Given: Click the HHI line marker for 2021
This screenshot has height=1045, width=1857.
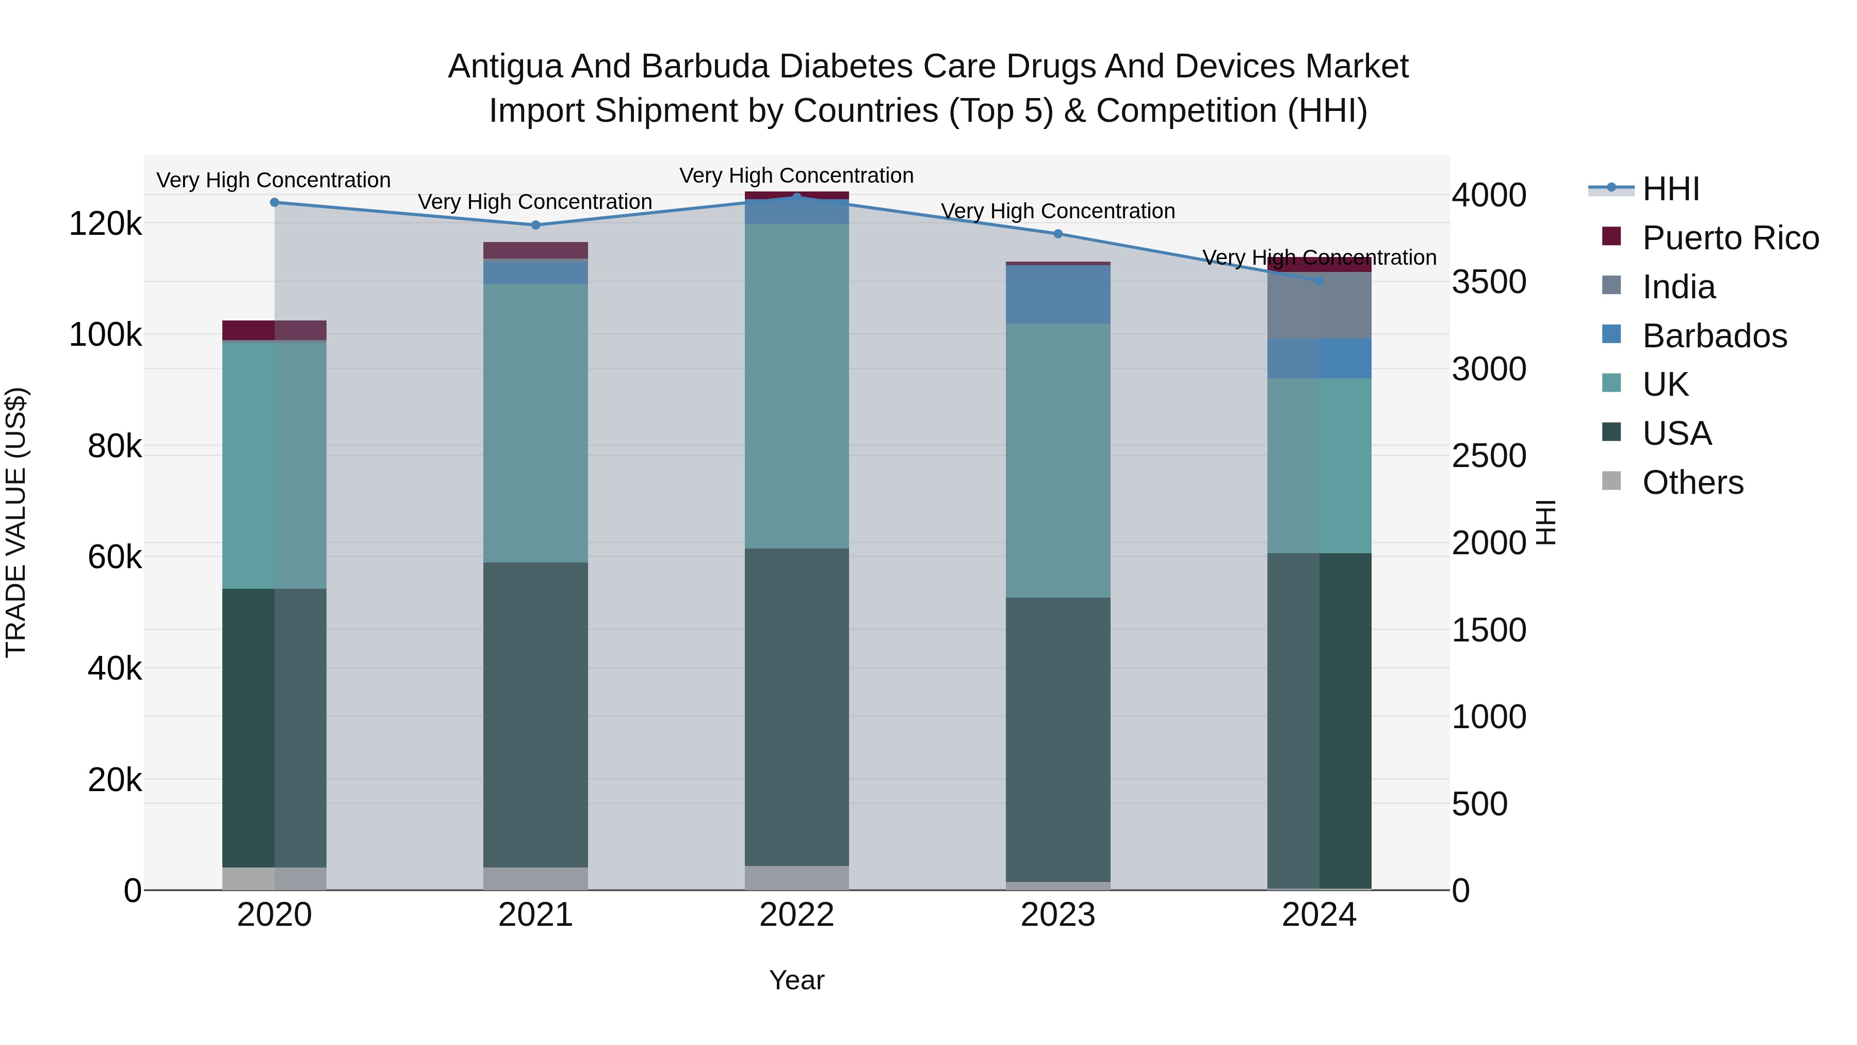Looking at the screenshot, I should pos(535,225).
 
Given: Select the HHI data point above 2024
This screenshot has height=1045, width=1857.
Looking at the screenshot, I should pos(1319,281).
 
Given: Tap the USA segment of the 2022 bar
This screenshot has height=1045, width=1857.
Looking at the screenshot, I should pos(796,707).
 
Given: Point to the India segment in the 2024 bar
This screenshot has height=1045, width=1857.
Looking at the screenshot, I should pos(1319,306).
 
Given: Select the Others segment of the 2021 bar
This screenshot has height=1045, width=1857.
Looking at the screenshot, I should pos(535,878).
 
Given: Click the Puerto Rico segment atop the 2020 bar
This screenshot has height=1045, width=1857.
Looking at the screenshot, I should pos(274,330).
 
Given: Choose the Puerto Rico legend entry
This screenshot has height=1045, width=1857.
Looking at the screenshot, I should pos(1730,238).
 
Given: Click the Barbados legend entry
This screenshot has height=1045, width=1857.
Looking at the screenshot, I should pos(1714,336).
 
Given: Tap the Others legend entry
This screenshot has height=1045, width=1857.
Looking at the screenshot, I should pos(1692,483).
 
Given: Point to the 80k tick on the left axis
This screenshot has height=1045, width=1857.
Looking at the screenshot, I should pos(115,446).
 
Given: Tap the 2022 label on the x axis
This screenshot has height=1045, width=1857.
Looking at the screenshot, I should pos(796,915).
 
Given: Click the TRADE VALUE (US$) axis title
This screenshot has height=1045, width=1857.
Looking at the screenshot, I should pos(16,522).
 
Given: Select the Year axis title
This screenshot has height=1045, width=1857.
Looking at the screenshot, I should pos(796,980).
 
